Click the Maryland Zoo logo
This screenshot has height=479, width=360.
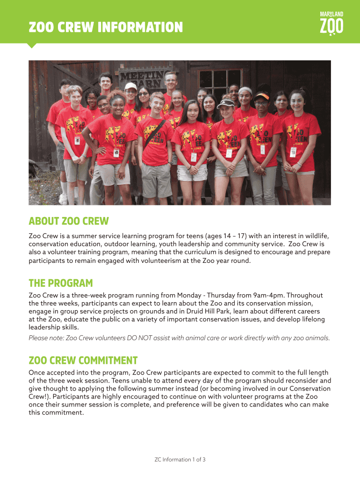[x=331, y=23]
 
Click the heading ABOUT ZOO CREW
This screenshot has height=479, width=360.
[x=68, y=221]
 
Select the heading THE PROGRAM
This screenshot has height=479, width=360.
[x=61, y=283]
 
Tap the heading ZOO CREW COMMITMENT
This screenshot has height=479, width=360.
[x=83, y=360]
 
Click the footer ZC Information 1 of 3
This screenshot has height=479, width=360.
[x=180, y=459]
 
